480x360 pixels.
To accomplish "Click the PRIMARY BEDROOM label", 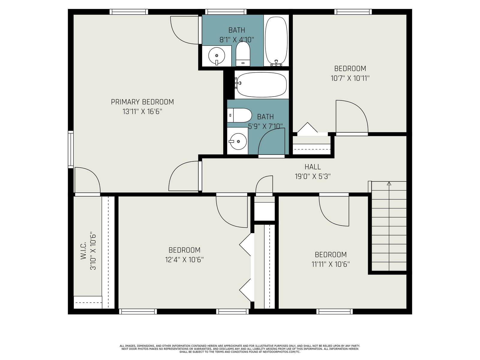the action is (142, 102).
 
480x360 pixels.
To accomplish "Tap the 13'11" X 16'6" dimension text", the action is (142, 112).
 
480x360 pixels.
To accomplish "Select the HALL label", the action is (313, 167).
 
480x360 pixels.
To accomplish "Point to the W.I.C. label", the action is (83, 250).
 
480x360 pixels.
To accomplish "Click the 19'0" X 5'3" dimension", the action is (313, 176).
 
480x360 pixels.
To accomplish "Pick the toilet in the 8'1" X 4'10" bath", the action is (243, 54).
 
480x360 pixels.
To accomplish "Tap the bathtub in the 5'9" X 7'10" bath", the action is (262, 85).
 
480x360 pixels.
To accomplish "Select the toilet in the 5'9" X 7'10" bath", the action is (239, 115).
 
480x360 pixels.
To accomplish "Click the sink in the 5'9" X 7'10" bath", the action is (238, 141).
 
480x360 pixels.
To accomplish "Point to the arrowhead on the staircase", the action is (389, 184).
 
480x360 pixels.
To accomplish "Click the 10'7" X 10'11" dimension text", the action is (350, 78).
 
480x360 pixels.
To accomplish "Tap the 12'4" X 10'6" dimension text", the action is (184, 260).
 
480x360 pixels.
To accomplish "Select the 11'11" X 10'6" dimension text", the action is (331, 264).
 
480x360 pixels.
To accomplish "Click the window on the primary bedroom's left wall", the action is (70, 149).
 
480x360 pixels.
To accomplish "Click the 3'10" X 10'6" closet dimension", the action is (93, 251).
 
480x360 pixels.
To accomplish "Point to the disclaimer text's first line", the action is (240, 346).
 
